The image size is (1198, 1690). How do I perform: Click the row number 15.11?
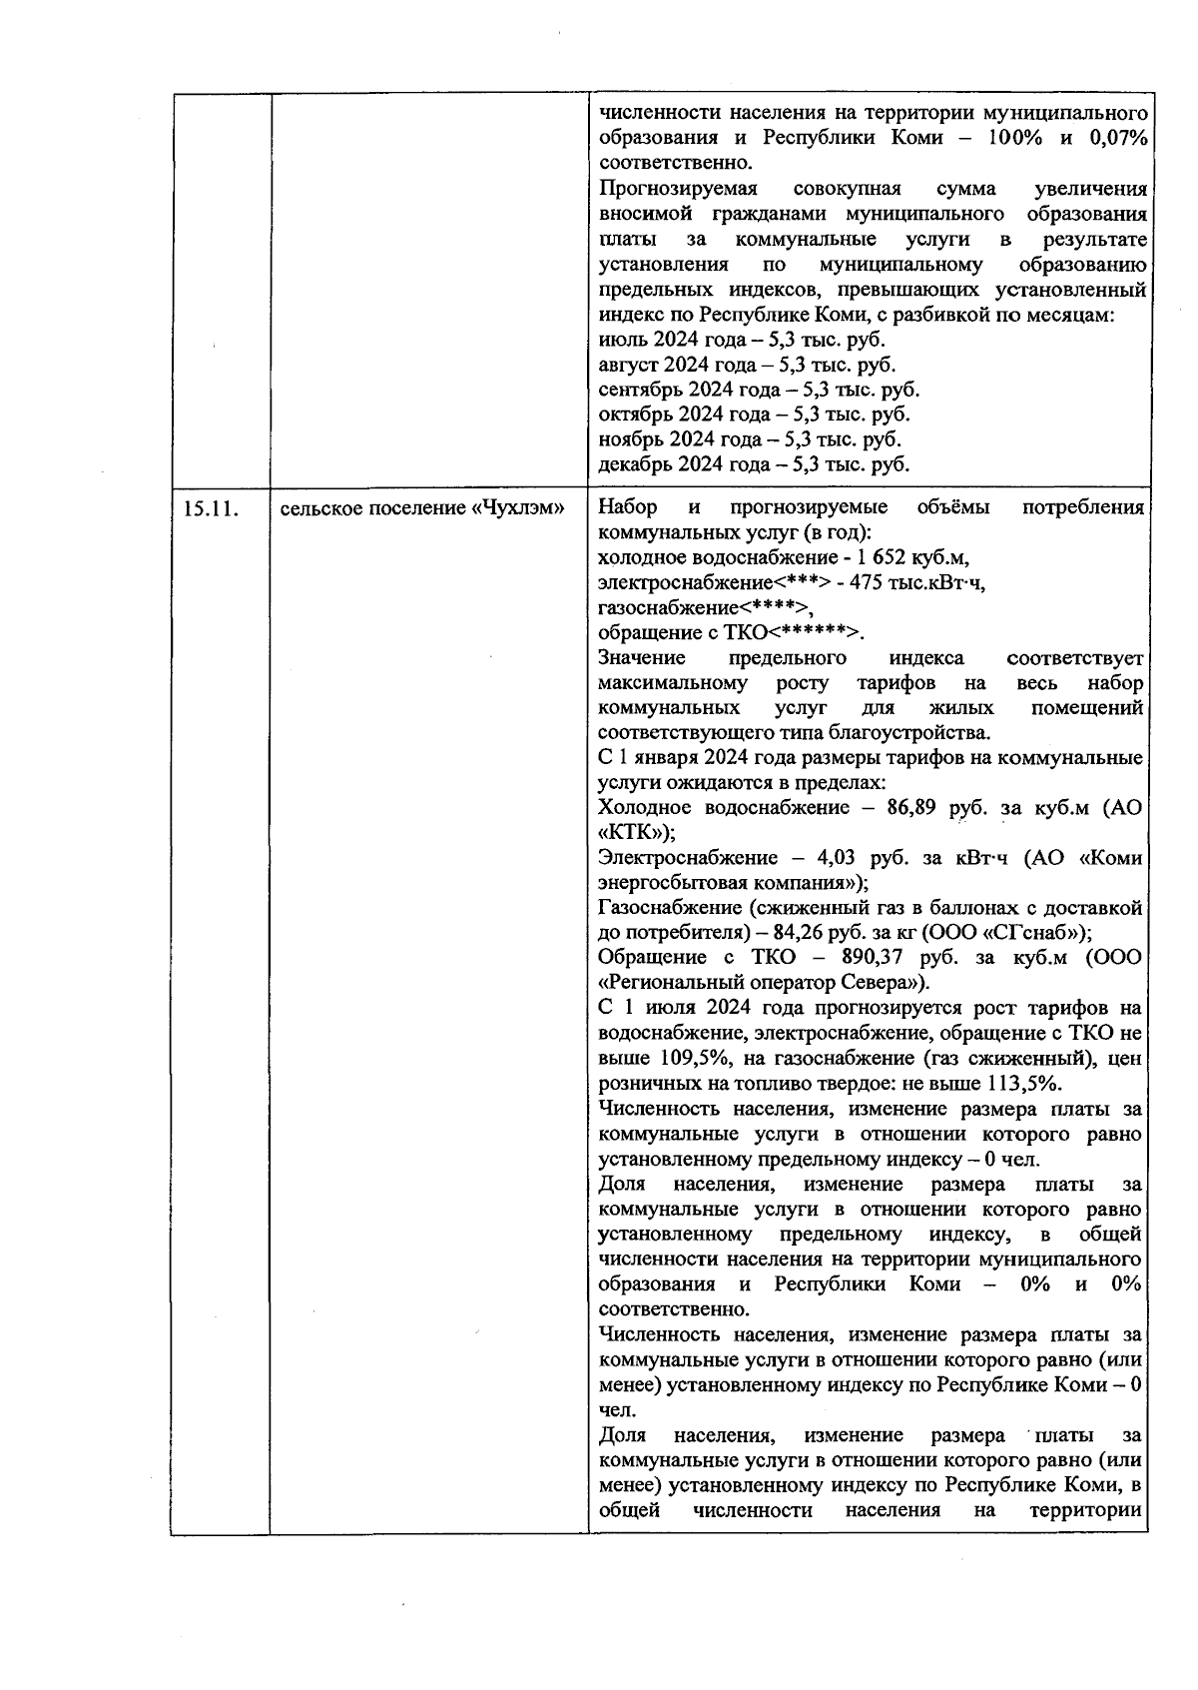(x=210, y=508)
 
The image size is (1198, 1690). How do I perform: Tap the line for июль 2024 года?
(x=742, y=340)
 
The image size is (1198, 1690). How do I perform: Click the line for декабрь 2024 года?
(x=754, y=464)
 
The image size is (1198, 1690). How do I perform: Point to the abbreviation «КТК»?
(x=629, y=833)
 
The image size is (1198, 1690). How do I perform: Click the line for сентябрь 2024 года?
(x=759, y=390)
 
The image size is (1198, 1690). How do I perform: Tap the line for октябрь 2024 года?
(x=754, y=415)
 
